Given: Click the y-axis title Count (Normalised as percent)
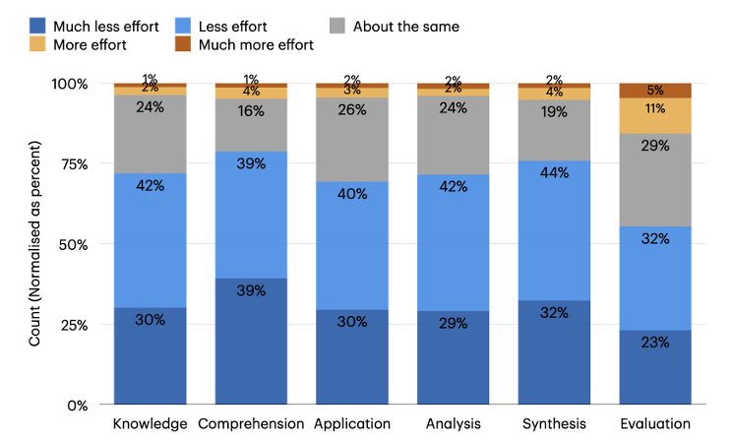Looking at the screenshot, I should tap(35, 243).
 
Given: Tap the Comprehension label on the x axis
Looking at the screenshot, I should tap(251, 425).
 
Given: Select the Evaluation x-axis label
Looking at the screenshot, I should tap(654, 425).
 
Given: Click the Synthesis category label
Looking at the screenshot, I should tap(554, 425).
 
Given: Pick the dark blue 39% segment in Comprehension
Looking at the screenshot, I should tap(251, 342).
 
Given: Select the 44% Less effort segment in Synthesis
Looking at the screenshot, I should tap(554, 230).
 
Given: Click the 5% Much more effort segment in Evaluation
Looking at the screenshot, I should tap(654, 91).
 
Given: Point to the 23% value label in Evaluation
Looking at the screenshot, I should tap(654, 343).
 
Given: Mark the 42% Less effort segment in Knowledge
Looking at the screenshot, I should tap(150, 240).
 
